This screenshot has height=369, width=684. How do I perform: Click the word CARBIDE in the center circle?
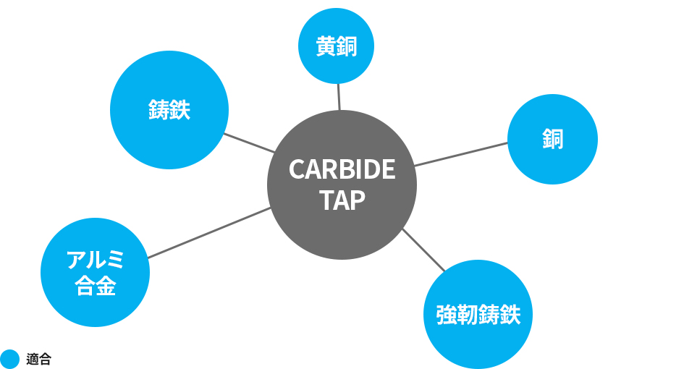[342, 169]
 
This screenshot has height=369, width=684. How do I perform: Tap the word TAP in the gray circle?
[342, 200]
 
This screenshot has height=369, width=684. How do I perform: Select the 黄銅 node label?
[337, 46]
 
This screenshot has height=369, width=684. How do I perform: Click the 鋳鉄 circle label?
[169, 109]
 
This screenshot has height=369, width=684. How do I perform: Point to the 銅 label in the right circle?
[553, 139]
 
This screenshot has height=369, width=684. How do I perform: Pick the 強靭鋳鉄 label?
[478, 315]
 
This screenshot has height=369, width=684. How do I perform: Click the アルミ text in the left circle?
[95, 260]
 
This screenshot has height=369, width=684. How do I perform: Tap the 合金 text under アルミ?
[95, 286]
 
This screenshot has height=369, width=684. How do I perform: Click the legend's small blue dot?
[9, 359]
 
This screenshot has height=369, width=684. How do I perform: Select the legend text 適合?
[39, 359]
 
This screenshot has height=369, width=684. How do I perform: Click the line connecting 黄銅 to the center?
[339, 97]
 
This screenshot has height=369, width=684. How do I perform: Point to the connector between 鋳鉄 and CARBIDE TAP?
[249, 143]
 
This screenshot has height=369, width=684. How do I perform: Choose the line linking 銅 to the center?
[461, 154]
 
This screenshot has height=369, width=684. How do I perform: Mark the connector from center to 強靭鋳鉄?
[423, 250]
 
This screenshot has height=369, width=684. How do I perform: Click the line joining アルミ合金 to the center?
[209, 232]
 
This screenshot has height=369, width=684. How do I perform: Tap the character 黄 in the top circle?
[326, 46]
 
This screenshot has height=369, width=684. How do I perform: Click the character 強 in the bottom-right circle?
[447, 315]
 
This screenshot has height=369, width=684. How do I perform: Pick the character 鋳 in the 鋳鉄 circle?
[159, 109]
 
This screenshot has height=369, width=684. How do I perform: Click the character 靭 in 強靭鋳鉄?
[468, 315]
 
